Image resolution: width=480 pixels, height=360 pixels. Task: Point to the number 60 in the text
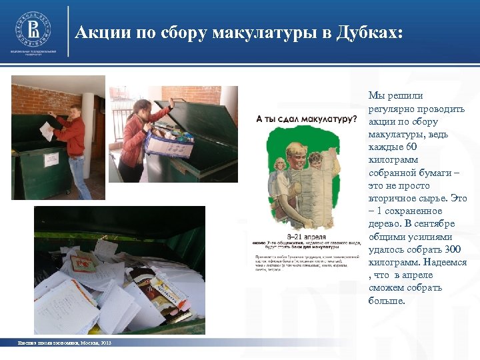tap(411, 147)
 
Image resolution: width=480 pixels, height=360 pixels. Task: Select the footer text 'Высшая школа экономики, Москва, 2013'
tap(65, 343)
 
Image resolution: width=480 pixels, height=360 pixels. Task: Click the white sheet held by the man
tap(45, 129)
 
